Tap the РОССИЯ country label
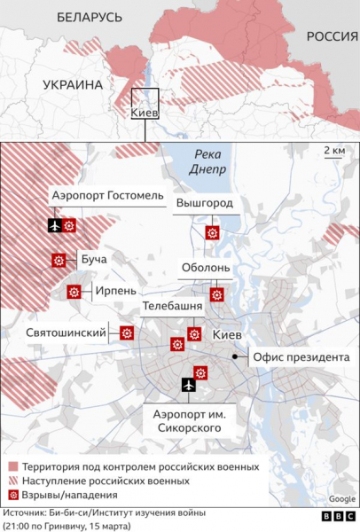tap(331, 35)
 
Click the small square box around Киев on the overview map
tap(145, 103)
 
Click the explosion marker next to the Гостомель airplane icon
tap(71, 225)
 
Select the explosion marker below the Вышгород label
tap(211, 233)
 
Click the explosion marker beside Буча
tap(59, 260)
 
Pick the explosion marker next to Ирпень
tap(74, 291)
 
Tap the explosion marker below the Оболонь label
tap(215, 294)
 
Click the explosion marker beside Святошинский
tap(127, 333)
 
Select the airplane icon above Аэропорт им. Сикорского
tap(188, 384)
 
